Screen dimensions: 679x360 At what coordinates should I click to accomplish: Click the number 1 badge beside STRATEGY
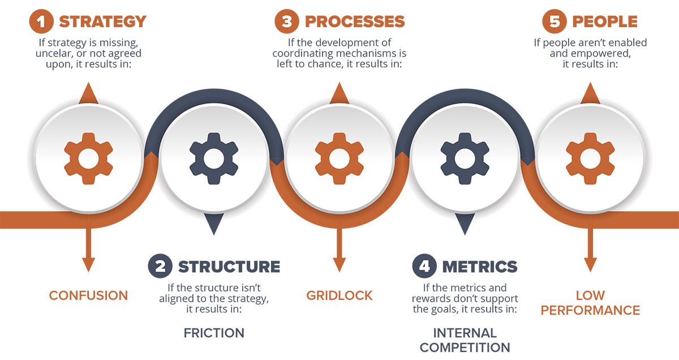pyautogui.click(x=41, y=22)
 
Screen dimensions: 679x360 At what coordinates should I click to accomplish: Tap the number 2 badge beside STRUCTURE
pyautogui.click(x=160, y=266)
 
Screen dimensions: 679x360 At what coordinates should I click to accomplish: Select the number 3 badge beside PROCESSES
pyautogui.click(x=287, y=22)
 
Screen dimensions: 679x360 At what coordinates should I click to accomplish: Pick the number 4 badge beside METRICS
pyautogui.click(x=424, y=266)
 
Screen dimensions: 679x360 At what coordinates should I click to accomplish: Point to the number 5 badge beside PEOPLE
pyautogui.click(x=555, y=22)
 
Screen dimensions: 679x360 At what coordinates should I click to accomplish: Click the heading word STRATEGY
pyautogui.click(x=103, y=22)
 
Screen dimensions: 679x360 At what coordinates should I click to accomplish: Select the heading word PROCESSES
pyautogui.click(x=355, y=22)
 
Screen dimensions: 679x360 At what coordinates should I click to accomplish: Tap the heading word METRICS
pyautogui.click(x=480, y=267)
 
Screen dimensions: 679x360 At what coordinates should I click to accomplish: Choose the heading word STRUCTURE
pyautogui.click(x=229, y=267)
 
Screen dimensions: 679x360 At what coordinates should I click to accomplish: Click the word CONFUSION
pyautogui.click(x=88, y=295)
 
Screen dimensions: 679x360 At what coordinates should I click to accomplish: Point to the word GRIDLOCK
pyautogui.click(x=339, y=295)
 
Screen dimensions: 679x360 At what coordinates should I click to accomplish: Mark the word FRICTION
pyautogui.click(x=214, y=333)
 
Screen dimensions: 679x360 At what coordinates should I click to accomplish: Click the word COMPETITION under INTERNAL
pyautogui.click(x=465, y=348)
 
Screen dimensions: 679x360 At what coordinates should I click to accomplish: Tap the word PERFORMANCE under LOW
pyautogui.click(x=591, y=310)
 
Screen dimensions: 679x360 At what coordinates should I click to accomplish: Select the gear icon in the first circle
pyautogui.click(x=88, y=158)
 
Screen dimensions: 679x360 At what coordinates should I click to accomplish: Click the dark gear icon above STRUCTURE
pyautogui.click(x=214, y=158)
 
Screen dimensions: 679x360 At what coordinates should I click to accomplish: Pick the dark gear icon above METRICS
pyautogui.click(x=465, y=158)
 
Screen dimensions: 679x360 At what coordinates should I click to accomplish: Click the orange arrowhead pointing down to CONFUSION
pyautogui.click(x=88, y=264)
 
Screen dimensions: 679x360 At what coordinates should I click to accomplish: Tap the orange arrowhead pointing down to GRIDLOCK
pyautogui.click(x=339, y=264)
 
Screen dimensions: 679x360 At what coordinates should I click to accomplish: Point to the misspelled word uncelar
pyautogui.click(x=53, y=53)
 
